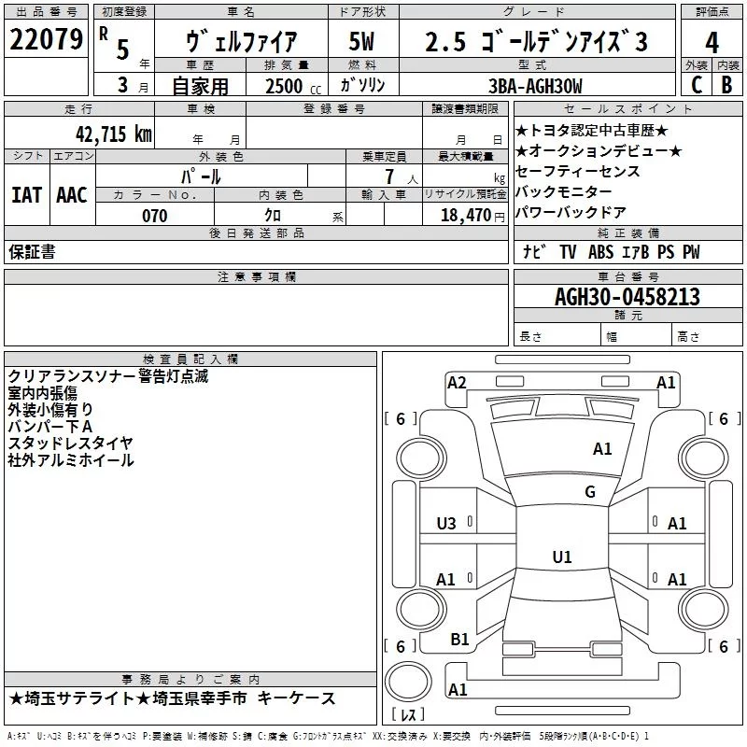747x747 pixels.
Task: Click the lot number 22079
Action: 46,39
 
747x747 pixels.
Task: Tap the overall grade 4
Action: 712,43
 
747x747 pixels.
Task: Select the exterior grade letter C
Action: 697,85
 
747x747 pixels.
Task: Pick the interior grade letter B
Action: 727,85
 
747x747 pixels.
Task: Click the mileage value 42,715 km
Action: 114,134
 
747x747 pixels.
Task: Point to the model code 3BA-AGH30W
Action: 535,86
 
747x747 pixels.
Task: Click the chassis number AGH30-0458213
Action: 627,297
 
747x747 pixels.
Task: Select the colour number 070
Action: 155,216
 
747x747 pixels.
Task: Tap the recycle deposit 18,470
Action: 466,216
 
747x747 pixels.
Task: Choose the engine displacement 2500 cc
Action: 293,86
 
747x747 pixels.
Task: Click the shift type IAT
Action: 26,195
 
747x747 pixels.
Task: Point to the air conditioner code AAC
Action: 72,195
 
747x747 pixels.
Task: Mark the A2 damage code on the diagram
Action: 457,383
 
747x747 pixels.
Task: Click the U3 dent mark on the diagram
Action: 446,524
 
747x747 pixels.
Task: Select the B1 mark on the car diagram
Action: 459,640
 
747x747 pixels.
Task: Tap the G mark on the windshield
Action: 590,491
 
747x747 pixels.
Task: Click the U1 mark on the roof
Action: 562,557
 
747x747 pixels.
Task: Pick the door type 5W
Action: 361,41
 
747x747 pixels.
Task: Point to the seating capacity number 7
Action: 389,176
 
